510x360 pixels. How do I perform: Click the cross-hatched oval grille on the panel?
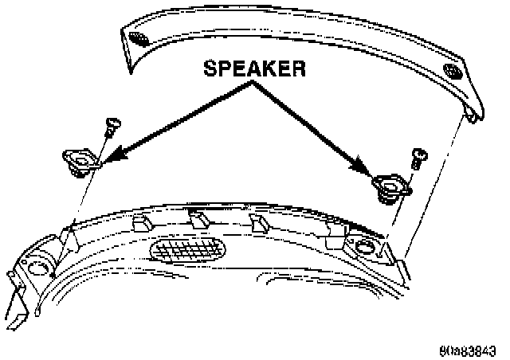click(189, 249)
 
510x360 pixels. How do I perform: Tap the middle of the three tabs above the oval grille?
click(197, 216)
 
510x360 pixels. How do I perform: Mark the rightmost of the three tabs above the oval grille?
click(257, 221)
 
